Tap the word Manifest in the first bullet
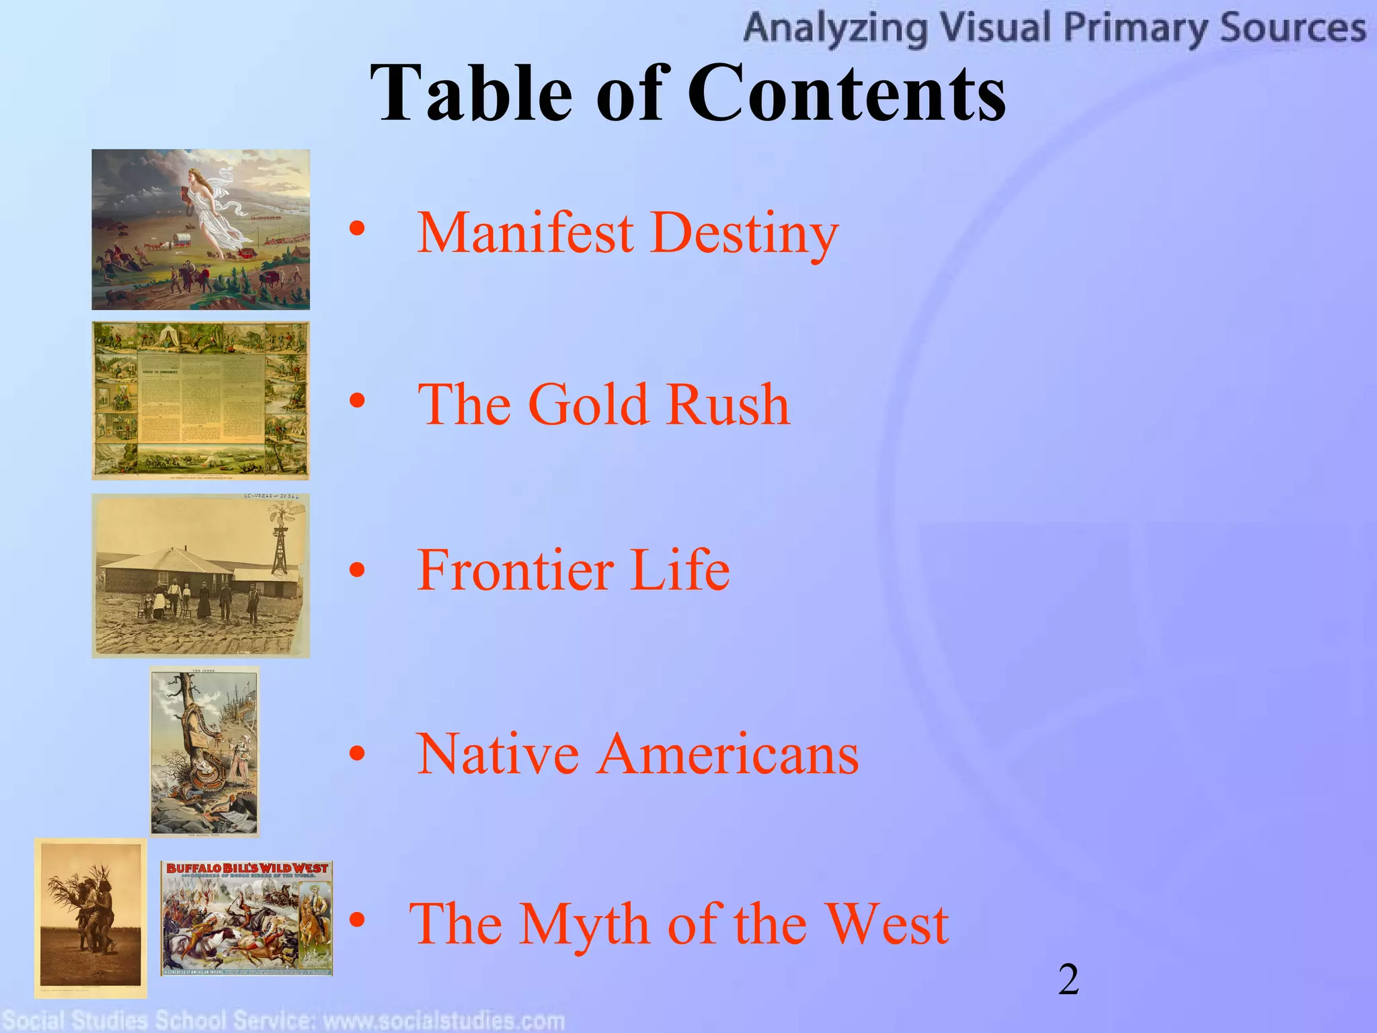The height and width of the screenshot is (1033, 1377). [x=525, y=233]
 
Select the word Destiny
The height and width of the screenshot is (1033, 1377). [x=745, y=233]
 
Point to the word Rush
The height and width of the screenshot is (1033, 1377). [x=727, y=404]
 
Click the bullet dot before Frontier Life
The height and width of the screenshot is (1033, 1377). [x=357, y=570]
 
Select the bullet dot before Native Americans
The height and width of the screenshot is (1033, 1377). [x=357, y=754]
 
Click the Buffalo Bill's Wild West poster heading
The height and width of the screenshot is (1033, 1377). [x=247, y=870]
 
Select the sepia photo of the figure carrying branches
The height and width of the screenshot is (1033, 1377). [x=90, y=918]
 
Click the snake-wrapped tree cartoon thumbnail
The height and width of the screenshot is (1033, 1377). [x=204, y=751]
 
